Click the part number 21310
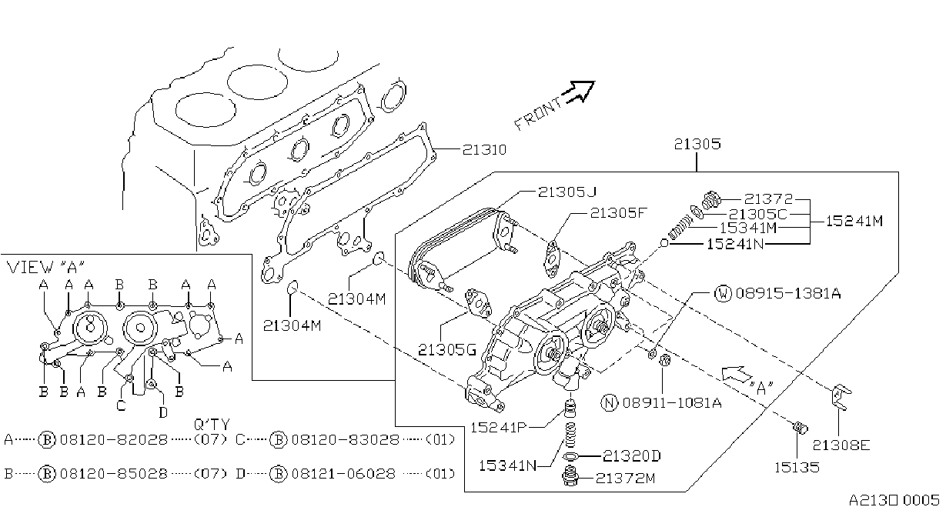pos(484,149)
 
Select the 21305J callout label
pos(567,192)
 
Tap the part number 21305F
pos(618,213)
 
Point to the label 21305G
pos(446,350)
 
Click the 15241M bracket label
pos(854,221)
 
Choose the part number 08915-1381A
pos(788,293)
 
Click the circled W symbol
pos(723,293)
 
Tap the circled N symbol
pos(610,402)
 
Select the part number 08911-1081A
pos(672,402)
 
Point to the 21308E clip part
pos(841,396)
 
